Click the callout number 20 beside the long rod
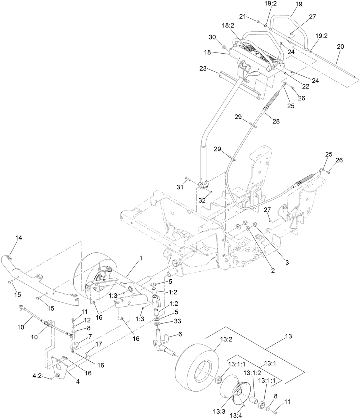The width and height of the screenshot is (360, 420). (x=340, y=46)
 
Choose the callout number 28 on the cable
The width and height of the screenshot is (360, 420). (x=276, y=121)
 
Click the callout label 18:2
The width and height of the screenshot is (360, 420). (x=228, y=26)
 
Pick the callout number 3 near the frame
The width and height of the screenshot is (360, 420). (x=287, y=262)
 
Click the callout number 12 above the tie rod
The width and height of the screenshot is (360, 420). (x=87, y=320)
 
